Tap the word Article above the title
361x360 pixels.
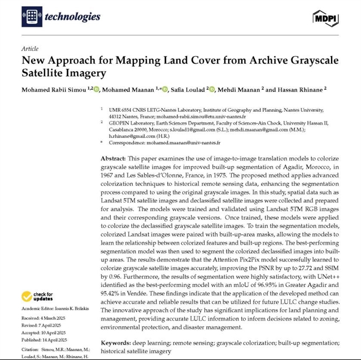[x=30, y=49]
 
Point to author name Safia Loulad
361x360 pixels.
[x=188, y=89]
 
